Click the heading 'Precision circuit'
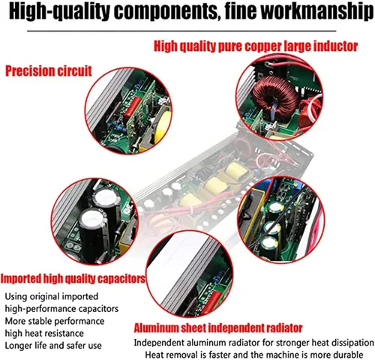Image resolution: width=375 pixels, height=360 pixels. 49,72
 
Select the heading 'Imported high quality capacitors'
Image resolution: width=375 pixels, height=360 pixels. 73,279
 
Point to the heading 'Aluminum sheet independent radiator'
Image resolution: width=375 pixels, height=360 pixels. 218,328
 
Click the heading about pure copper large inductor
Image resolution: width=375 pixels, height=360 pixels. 254,46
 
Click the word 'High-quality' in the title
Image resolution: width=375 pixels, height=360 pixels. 54,13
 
